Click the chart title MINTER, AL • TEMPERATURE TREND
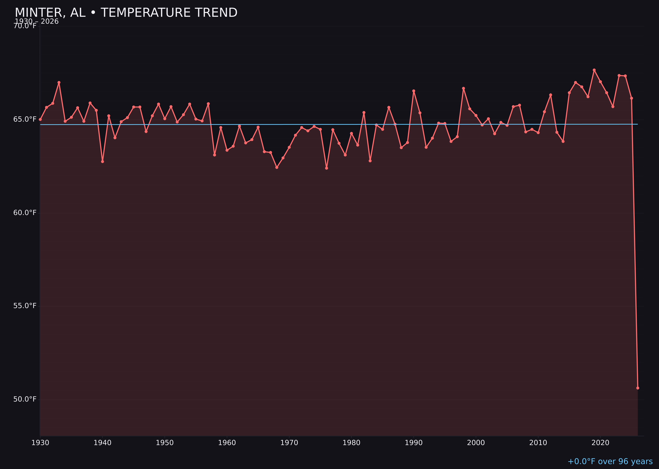126,13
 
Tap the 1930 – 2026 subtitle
37,22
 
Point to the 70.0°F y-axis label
25,26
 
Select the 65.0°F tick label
25,119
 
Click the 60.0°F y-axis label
25,213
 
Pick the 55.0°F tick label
25,306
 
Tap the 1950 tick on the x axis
165,443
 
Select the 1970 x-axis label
289,443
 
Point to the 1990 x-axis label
414,443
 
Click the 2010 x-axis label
538,443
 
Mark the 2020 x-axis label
600,443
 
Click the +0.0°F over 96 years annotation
610,461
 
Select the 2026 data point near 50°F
638,388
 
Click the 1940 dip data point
102,161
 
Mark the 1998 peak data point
463,88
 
